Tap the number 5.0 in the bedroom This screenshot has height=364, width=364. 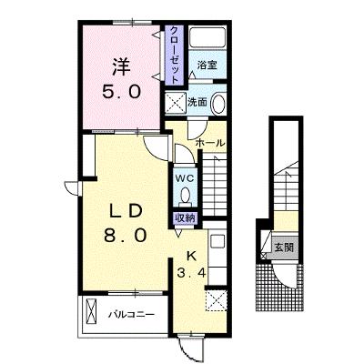[122, 91]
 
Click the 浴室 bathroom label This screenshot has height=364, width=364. [207, 65]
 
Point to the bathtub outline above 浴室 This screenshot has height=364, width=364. [207, 37]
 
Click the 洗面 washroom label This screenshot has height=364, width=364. [197, 102]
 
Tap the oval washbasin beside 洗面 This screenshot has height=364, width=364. [218, 104]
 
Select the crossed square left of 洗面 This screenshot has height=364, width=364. [176, 103]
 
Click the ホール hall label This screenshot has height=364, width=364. [210, 143]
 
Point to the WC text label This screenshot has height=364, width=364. [185, 179]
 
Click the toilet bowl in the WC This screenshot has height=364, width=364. [185, 196]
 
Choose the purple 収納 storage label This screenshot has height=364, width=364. [185, 217]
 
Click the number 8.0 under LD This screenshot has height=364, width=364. [125, 235]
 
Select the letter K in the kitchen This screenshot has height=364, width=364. [191, 257]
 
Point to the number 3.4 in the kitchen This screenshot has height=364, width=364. [191, 274]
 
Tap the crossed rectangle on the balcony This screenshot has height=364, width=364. [91, 311]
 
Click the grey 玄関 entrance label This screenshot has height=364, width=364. [284, 248]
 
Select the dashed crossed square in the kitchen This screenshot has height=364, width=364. [217, 300]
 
